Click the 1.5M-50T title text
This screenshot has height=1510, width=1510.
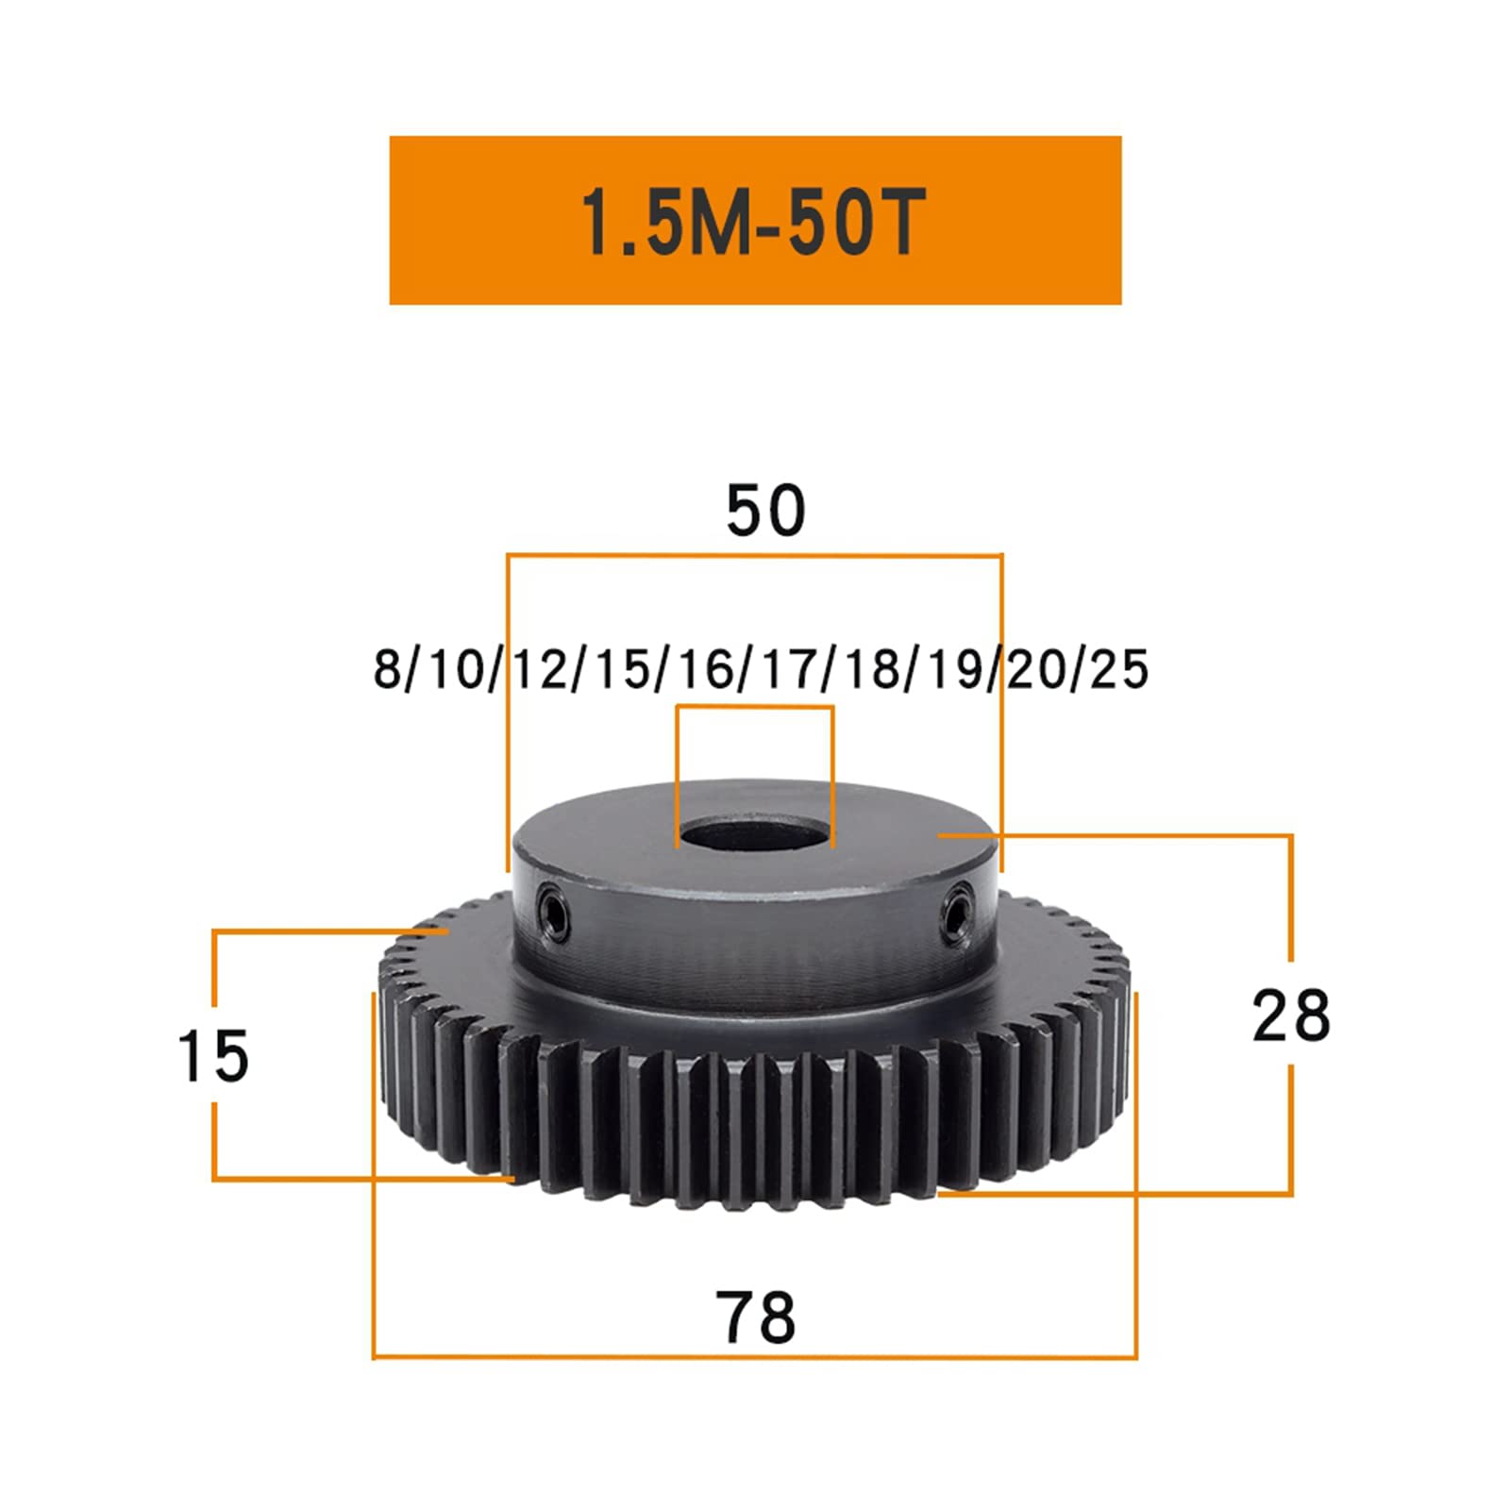click(x=752, y=223)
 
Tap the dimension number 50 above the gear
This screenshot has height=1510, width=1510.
click(x=765, y=511)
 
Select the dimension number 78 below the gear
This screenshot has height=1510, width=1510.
click(x=755, y=1317)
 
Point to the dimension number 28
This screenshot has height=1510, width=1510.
click(x=1291, y=1015)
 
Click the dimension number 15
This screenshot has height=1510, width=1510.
click(x=213, y=1056)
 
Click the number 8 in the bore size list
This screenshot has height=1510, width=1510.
click(x=387, y=668)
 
